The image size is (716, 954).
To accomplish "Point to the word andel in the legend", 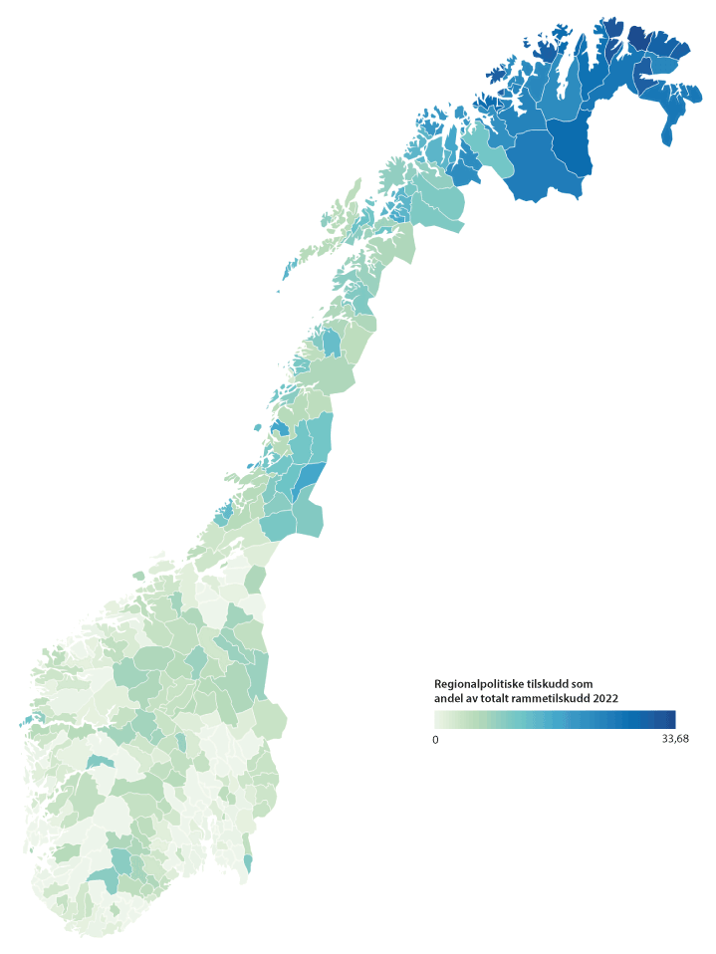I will coord(451,699).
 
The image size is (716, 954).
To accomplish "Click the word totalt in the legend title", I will coord(503,699).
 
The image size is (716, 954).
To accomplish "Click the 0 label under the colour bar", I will coord(435,739).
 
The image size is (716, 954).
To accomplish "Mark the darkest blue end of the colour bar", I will coord(671,719).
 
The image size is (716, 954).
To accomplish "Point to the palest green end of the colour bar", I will coord(439,719).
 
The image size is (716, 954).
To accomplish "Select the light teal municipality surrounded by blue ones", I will coord(489,145).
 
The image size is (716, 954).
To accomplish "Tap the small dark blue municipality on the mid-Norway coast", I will coord(280,429).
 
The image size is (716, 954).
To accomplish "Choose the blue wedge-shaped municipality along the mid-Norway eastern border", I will coord(310,477).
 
